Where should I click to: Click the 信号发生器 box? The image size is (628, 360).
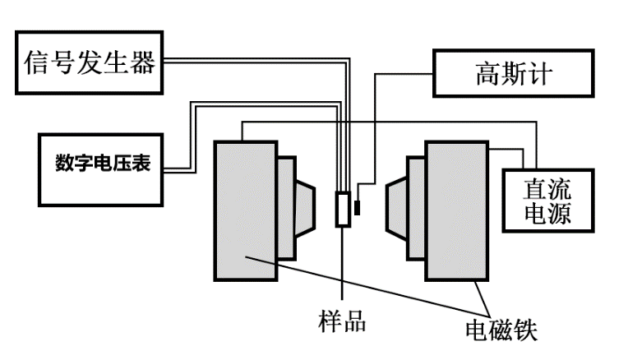pos(89,62)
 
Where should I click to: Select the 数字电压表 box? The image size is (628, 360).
pos(102,164)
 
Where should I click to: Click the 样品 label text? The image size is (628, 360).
pos(342,321)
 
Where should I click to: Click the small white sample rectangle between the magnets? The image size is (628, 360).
pos(343,209)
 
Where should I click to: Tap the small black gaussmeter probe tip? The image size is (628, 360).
pos(357,207)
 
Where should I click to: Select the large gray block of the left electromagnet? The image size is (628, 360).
pos(245,210)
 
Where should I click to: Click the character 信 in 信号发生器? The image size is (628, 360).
pos(37,62)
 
